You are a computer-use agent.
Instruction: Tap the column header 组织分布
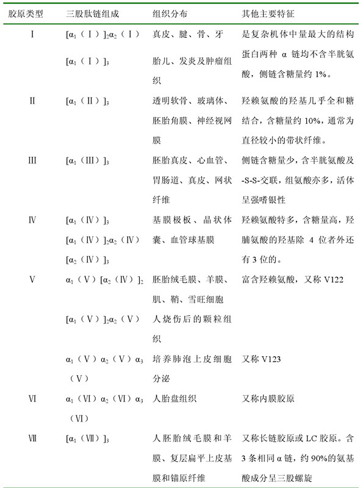(170, 13)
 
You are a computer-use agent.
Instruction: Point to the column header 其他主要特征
(268, 13)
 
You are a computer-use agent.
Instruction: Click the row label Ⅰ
(32, 34)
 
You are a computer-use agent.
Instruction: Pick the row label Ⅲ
(32, 160)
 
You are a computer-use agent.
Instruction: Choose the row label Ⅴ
(32, 279)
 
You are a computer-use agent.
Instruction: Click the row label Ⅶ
(32, 438)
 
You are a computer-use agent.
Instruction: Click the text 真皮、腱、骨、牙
(183, 34)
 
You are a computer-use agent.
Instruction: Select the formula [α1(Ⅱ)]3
(87, 101)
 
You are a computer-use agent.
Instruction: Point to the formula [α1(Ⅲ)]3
(87, 161)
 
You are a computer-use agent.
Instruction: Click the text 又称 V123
(262, 359)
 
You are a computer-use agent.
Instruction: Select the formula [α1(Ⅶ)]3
(87, 439)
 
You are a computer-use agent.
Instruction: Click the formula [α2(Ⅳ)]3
(87, 260)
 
